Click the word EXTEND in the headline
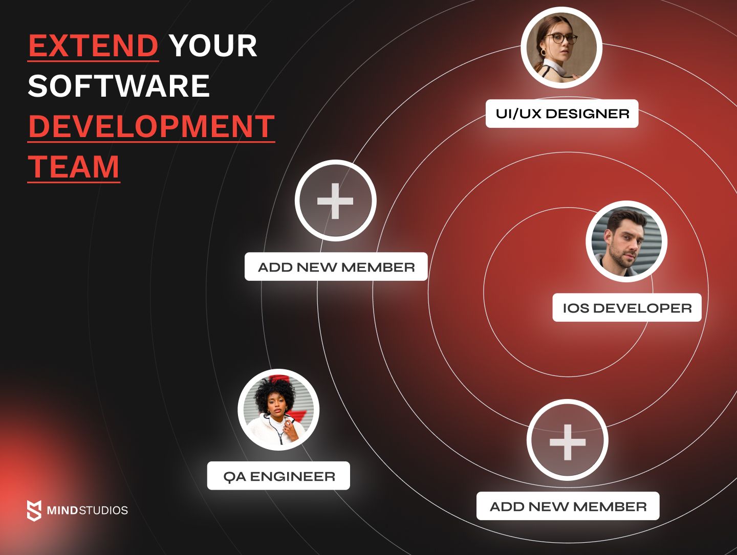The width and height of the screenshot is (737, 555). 93,46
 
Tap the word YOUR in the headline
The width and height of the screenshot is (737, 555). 213,46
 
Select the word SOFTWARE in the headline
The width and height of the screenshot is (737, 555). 119,85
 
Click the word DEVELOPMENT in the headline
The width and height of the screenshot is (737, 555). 151,126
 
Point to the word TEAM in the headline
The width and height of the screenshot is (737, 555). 74,167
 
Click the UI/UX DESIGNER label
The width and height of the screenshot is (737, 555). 562,114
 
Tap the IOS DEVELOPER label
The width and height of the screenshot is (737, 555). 627,308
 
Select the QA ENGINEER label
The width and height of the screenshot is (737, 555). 279,476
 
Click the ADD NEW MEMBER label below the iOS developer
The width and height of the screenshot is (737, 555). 568,506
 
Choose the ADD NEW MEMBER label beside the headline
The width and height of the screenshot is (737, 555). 336,267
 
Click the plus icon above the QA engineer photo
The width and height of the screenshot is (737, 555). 335,201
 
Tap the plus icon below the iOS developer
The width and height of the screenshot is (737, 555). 568,441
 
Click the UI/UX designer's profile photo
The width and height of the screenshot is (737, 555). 561,48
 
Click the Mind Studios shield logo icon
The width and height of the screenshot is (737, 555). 34,510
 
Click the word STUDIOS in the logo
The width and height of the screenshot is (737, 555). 103,510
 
